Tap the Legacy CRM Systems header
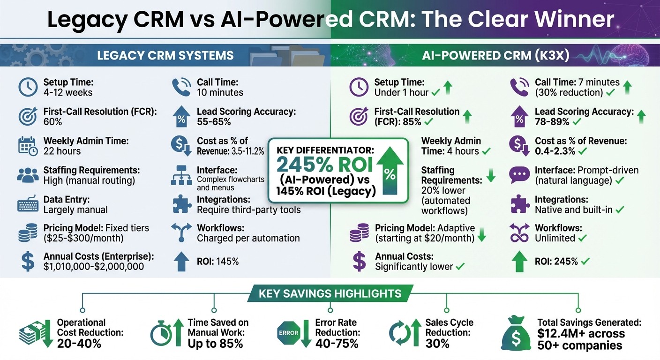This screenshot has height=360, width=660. click(x=165, y=56)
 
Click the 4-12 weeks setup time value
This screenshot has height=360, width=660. click(x=68, y=92)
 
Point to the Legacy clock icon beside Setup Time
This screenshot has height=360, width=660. click(x=28, y=87)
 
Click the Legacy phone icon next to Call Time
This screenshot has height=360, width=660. click(x=181, y=87)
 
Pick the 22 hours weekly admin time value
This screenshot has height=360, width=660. click(x=62, y=151)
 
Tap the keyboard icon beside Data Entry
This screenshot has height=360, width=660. click(x=28, y=205)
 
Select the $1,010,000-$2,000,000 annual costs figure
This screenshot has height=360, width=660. click(x=94, y=267)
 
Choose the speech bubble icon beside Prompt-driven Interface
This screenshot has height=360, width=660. click(x=519, y=175)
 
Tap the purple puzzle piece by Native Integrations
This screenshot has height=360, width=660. click(x=519, y=204)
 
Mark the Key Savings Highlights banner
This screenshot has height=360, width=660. click(x=330, y=294)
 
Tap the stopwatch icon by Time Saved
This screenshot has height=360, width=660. click(x=161, y=335)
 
